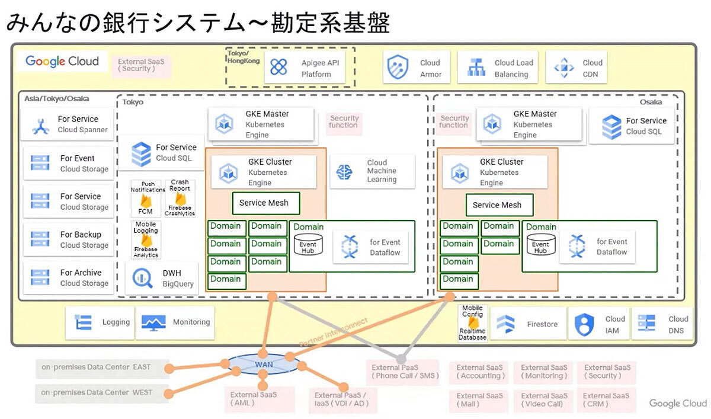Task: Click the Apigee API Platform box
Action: (306, 68)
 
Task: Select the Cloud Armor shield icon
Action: (398, 68)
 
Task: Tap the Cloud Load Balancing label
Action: (514, 68)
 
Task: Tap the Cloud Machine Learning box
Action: (371, 171)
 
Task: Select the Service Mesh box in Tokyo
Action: (266, 203)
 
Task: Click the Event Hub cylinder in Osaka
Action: (541, 245)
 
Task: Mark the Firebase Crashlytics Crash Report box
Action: (180, 198)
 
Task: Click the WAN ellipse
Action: (264, 364)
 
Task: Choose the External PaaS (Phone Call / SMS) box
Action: (401, 372)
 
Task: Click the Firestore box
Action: (528, 324)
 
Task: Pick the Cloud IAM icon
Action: (584, 324)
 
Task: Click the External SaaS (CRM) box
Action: (604, 399)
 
